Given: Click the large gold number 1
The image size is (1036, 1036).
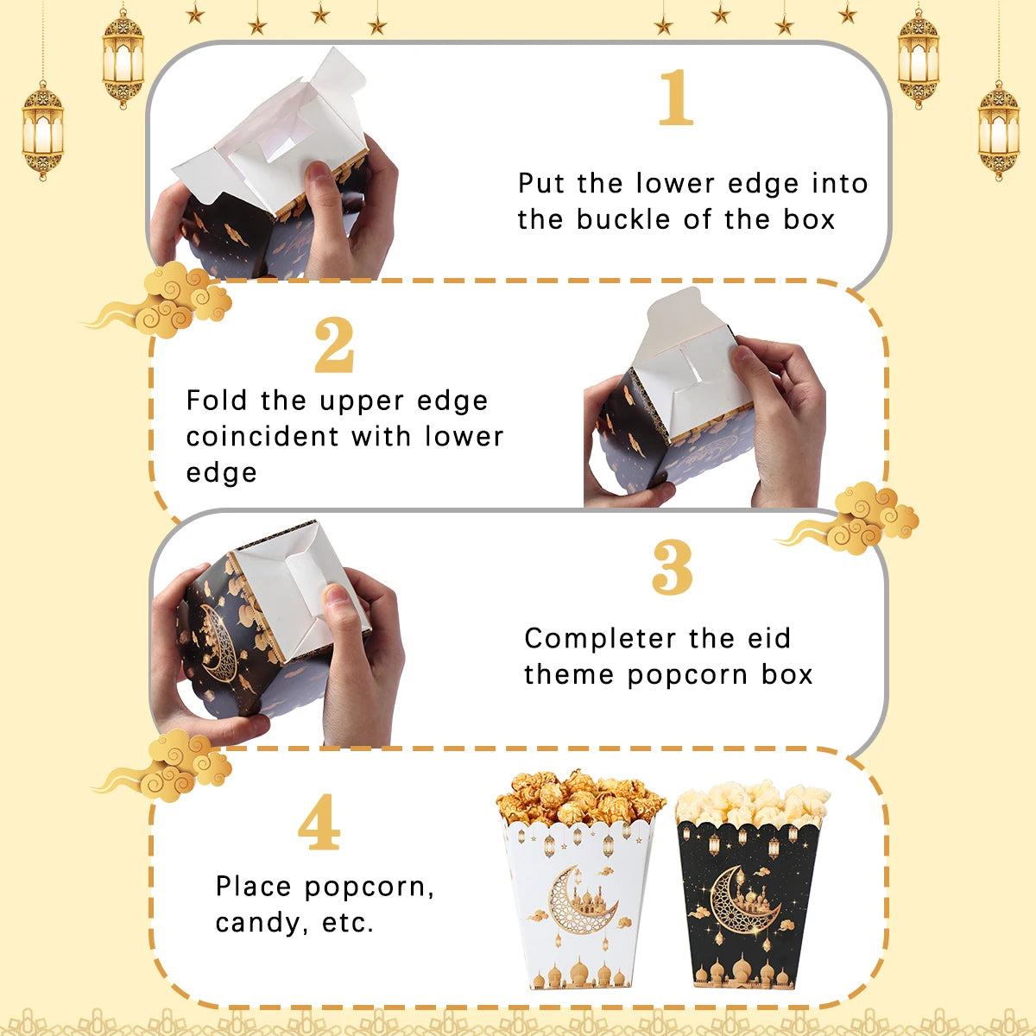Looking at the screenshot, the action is coord(676,98).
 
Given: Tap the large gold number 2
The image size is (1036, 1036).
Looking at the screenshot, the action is coord(334,344).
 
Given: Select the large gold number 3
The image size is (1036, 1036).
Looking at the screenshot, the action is coord(672,567).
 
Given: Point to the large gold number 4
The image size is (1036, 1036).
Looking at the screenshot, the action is coord(319,822).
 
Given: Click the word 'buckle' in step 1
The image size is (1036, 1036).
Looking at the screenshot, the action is coord(625,219).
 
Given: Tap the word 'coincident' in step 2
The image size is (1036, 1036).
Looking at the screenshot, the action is coord(263,436).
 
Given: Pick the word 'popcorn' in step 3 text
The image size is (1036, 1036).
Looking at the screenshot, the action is coord(687,676).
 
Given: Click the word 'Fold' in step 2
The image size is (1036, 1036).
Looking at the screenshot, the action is coord(217,401).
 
